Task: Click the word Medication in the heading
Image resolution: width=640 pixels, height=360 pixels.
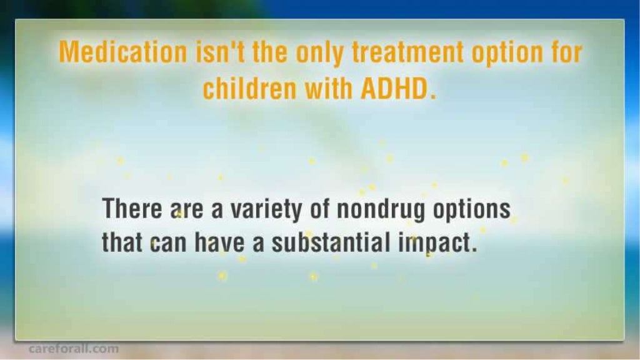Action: click(x=122, y=53)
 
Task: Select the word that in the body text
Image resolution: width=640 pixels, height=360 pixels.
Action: click(x=122, y=242)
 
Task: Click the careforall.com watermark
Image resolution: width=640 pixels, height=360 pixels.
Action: click(x=73, y=349)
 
